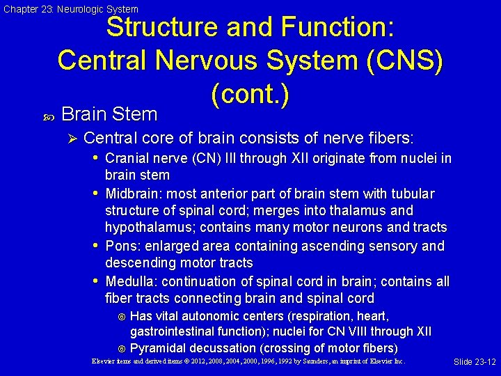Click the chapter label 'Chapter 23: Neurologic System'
coord(71,9)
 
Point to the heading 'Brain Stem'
coord(109,113)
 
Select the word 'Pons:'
coord(122,246)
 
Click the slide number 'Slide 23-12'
coord(475,362)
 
